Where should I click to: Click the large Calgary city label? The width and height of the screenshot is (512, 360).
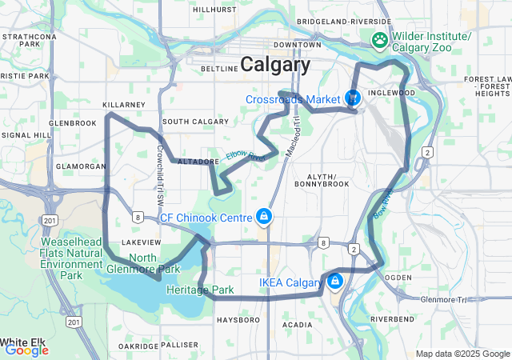click(x=275, y=65)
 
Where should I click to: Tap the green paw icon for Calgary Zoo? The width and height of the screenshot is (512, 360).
click(x=378, y=39)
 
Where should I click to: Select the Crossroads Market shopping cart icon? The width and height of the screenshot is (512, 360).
click(x=352, y=98)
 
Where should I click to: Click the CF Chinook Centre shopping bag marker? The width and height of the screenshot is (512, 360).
click(x=262, y=217)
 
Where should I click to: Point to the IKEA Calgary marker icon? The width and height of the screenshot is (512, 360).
click(x=334, y=282)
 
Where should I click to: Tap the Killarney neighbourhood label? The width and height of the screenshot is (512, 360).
click(x=124, y=105)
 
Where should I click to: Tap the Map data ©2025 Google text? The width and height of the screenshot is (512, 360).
click(x=462, y=354)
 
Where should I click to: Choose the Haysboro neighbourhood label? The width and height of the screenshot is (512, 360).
click(x=238, y=320)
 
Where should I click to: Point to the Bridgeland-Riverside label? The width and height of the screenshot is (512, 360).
click(x=354, y=21)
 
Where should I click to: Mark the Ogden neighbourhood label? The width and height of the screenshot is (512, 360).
click(x=398, y=277)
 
